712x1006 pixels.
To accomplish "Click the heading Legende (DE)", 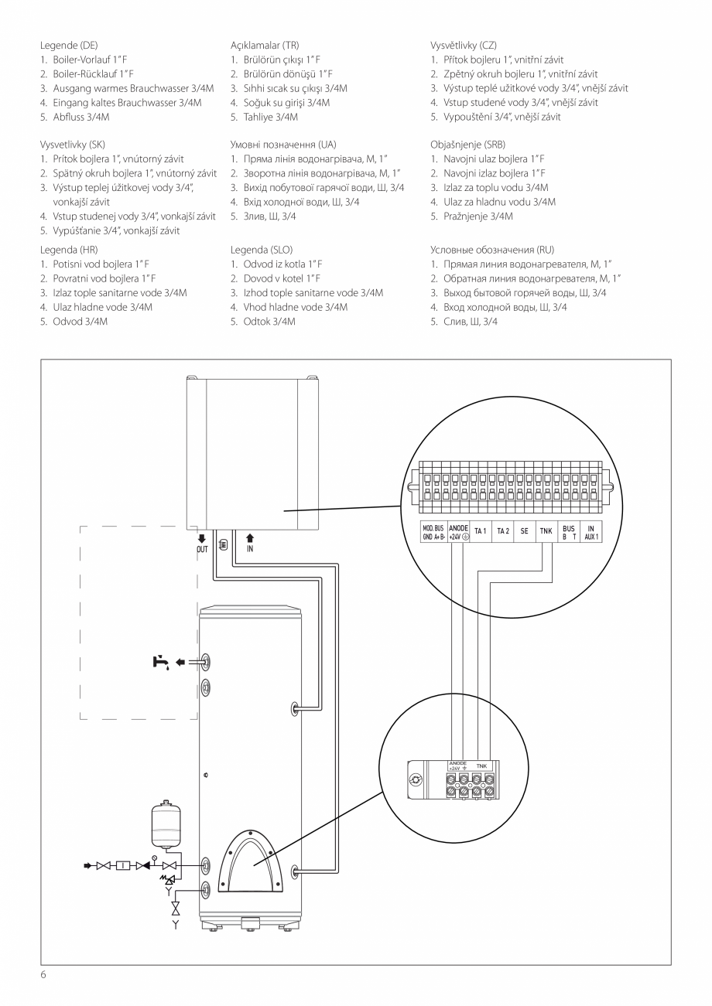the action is coord(69,45).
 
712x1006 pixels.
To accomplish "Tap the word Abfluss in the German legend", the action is coord(68,117).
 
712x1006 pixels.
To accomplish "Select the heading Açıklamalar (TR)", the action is coord(265,45).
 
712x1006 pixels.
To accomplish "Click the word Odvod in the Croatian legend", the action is coord(67,322).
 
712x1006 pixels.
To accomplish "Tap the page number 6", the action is coord(43,974).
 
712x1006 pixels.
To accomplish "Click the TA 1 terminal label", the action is coord(480,531).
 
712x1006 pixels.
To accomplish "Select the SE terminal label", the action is coord(524,531).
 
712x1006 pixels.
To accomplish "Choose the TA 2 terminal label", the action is coord(502,531).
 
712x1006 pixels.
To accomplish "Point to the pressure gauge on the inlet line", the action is coord(154,858).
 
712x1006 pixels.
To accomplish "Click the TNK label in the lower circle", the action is coord(482,766).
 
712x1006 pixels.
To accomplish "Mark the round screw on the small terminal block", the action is coord(416,780).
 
